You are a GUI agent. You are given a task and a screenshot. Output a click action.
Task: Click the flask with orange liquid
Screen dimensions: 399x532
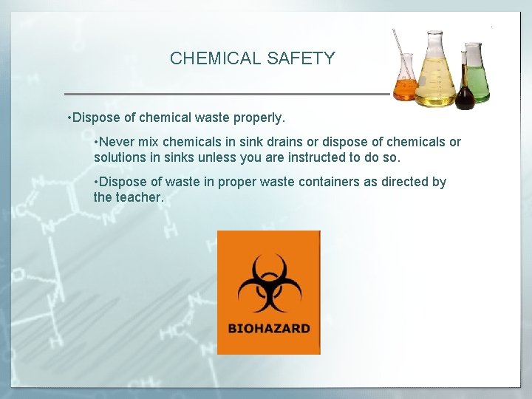click(405, 83)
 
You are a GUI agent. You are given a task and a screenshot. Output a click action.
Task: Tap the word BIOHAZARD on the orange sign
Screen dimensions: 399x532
click(269, 328)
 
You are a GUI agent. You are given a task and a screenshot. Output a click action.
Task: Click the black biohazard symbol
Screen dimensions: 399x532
click(268, 284)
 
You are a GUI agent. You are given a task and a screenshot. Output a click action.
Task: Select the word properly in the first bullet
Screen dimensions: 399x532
click(260, 117)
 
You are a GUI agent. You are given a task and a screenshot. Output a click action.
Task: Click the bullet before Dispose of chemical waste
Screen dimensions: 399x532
click(69, 118)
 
